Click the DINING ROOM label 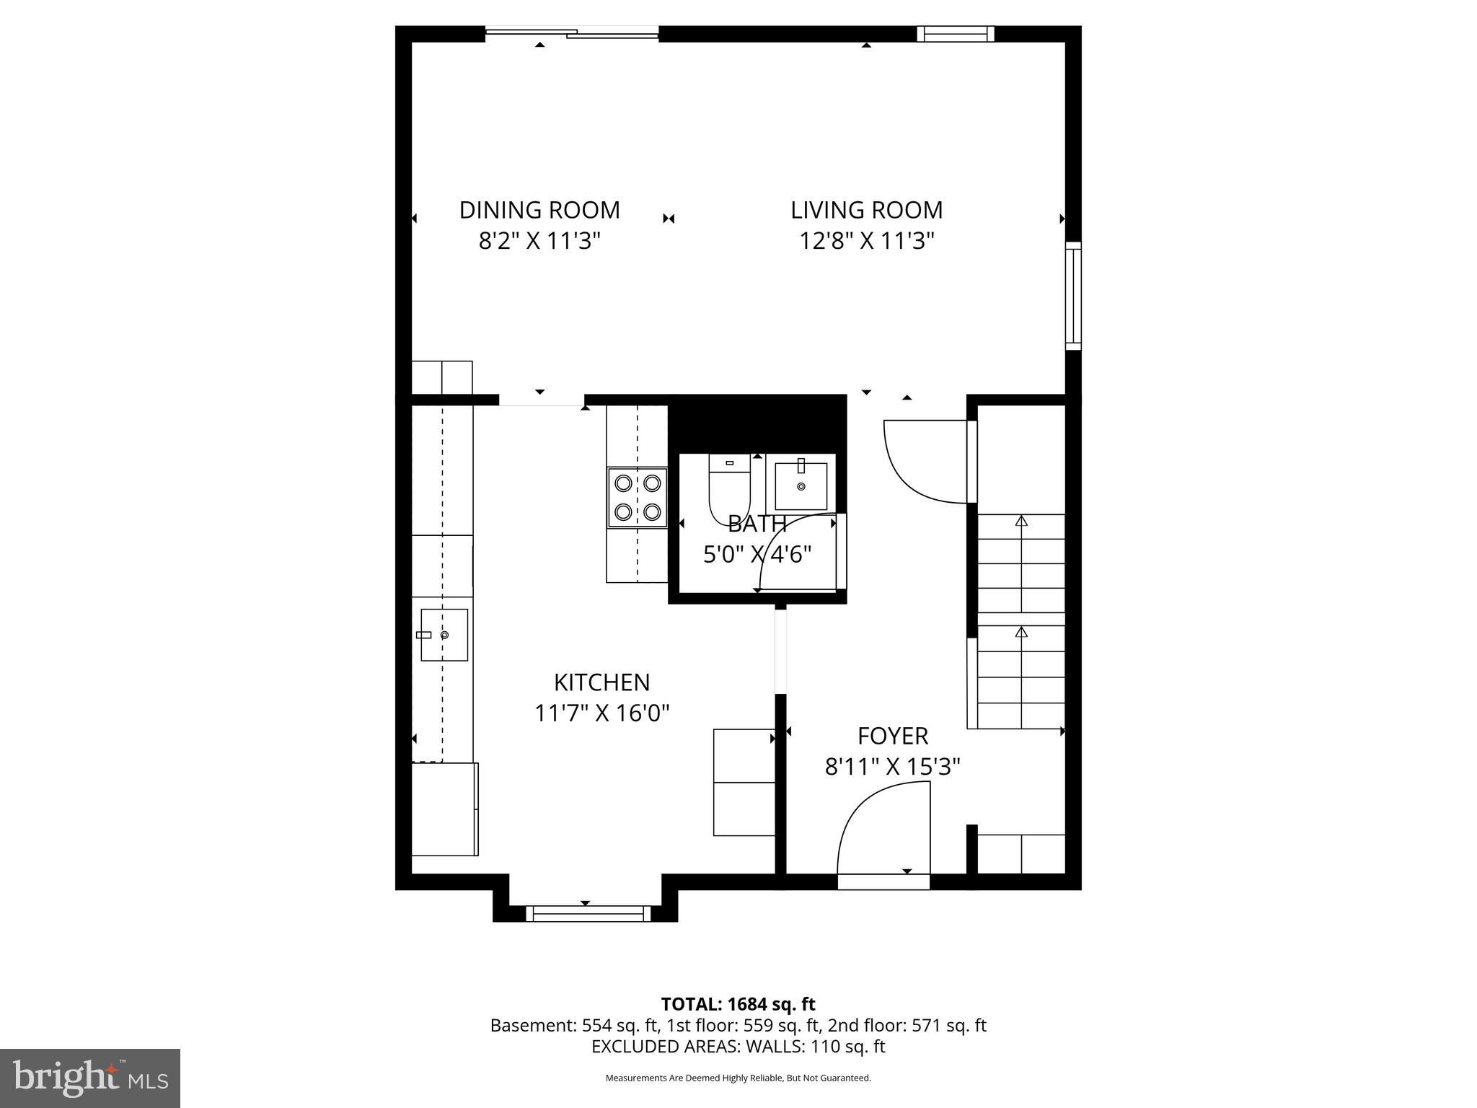(539, 210)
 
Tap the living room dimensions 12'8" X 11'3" (866, 240)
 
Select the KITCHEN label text (601, 682)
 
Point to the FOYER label (892, 736)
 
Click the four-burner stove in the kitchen (638, 498)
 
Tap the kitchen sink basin (444, 635)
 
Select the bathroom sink (801, 485)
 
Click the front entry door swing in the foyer (883, 830)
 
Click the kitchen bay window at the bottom (588, 914)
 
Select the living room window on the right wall (1073, 296)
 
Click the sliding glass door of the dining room (572, 32)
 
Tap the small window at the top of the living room (956, 34)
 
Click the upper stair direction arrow (1020, 521)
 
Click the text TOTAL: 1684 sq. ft (738, 1004)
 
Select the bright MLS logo (90, 1078)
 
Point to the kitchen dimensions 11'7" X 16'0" (601, 713)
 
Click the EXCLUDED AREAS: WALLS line (738, 1046)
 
